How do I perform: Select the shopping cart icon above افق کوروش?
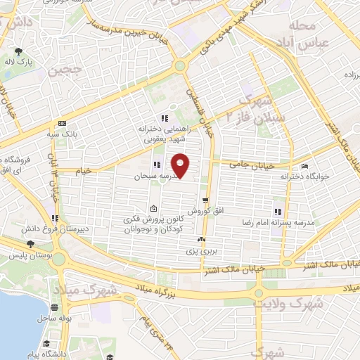205,200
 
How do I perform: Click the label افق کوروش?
205,211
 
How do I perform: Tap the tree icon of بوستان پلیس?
30,245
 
